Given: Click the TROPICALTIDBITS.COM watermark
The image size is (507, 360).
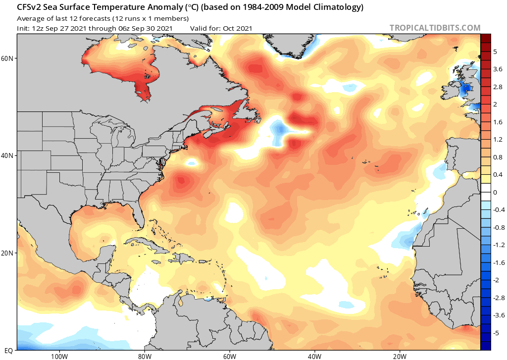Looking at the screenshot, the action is click(x=435, y=28).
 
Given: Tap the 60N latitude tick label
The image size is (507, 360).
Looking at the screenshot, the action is click(x=8, y=58).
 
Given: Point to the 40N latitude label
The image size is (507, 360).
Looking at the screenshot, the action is click(x=8, y=155).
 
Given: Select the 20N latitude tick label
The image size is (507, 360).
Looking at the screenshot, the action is click(x=8, y=253).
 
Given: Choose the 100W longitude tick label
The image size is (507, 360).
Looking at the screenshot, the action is click(x=59, y=357).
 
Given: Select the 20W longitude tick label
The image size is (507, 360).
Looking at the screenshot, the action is click(x=400, y=357).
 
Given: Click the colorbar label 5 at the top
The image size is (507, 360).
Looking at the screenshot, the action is click(x=495, y=52).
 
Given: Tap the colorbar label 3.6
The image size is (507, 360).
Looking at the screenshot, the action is click(x=498, y=69).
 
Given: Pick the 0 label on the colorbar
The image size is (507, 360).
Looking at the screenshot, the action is click(x=495, y=192).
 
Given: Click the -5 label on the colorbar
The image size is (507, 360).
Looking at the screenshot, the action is click(x=497, y=333).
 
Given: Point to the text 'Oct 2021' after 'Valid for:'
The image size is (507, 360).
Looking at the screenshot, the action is click(x=238, y=28).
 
